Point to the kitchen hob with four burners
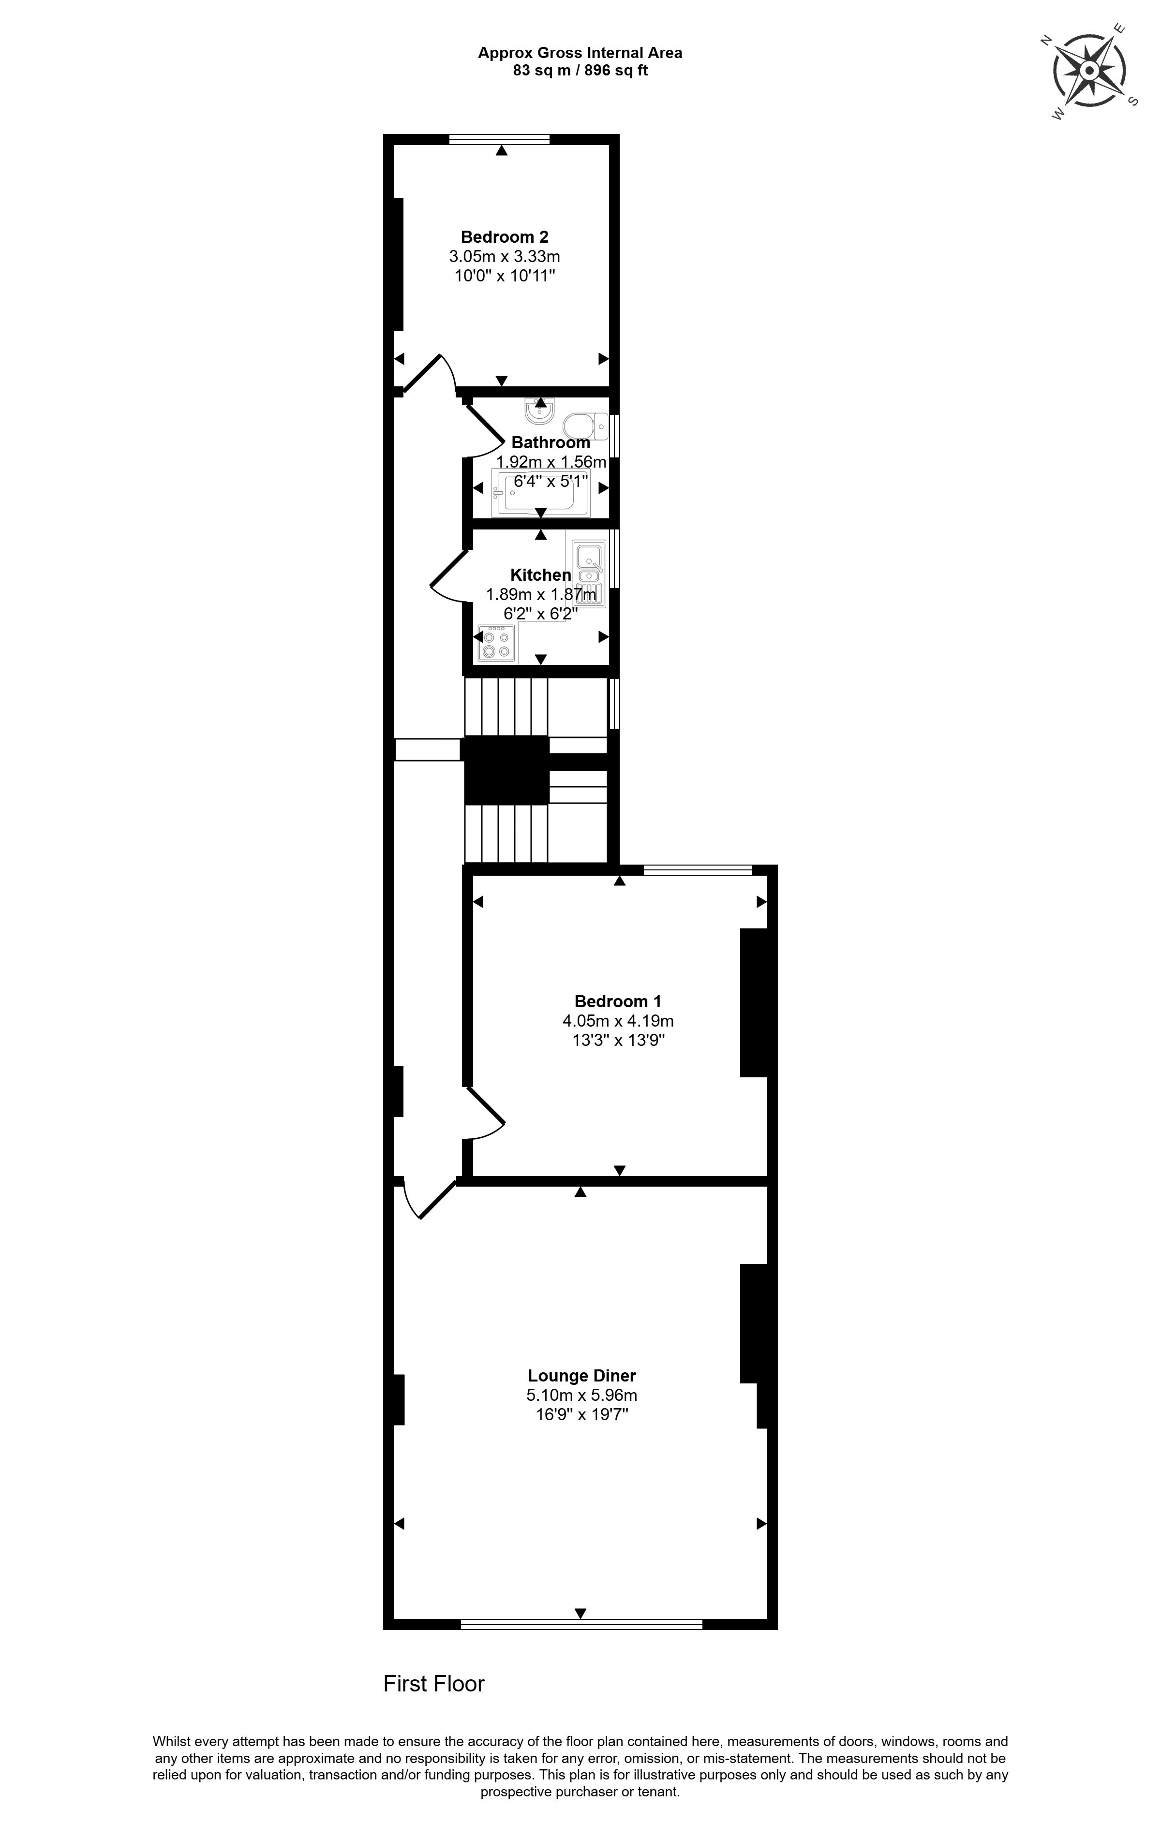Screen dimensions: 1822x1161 [x=496, y=643]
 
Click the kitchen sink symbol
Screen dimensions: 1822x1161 [x=590, y=573]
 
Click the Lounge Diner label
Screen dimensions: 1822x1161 [x=581, y=1376]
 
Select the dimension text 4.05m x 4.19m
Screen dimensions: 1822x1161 [x=618, y=1021]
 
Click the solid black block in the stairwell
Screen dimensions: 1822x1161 [x=506, y=769]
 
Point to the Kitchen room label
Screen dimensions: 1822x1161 [x=540, y=575]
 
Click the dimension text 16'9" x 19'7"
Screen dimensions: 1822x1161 [x=581, y=1415]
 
